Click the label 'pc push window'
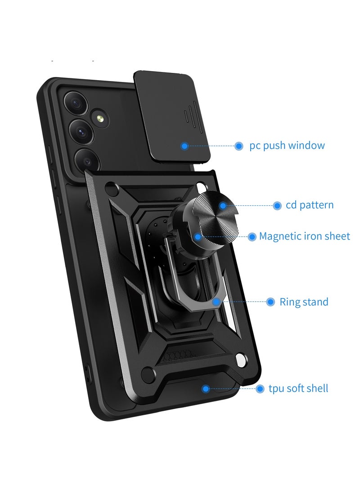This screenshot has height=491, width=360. [287, 146]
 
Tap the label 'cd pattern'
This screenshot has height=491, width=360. [309, 205]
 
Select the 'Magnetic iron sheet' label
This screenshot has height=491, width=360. [304, 236]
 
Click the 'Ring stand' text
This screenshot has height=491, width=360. [304, 302]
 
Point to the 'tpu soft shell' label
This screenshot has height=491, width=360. [298, 388]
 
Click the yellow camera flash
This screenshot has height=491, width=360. [100, 118]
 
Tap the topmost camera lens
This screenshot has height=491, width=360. [74, 102]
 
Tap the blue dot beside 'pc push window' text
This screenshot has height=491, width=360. [239, 146]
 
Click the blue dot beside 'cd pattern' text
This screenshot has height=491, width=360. [277, 206]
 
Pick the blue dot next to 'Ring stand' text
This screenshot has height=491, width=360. [270, 302]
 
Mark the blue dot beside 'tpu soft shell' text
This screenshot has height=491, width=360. [260, 389]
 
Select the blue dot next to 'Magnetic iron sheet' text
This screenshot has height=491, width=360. [252, 237]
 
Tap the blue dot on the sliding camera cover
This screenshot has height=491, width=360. [184, 146]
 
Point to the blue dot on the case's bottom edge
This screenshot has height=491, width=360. [205, 389]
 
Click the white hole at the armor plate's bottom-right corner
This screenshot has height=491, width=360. [241, 360]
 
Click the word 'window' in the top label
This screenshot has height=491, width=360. [306, 145]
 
